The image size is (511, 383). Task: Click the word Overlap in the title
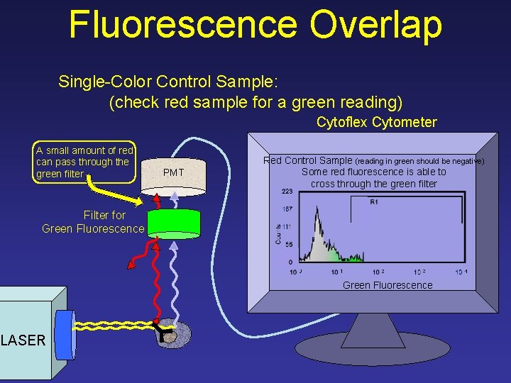[x=375, y=24]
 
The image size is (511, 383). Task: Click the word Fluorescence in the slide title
[x=182, y=24]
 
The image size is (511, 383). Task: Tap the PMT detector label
[x=174, y=172]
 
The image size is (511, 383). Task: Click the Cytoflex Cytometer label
[x=376, y=122]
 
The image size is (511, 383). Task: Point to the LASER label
[x=23, y=340]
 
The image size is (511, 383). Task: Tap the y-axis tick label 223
[x=287, y=191]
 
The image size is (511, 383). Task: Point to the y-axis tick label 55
[x=287, y=244]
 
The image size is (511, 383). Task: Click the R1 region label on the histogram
[x=374, y=202]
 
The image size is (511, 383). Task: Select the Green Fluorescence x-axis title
[x=387, y=285]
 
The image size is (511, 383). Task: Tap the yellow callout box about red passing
[x=84, y=162]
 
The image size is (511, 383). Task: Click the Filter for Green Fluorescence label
[x=93, y=221]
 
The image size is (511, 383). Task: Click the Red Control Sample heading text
[x=307, y=160]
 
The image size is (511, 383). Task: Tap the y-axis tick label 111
[x=287, y=226]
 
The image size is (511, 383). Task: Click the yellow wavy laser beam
[x=114, y=326]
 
